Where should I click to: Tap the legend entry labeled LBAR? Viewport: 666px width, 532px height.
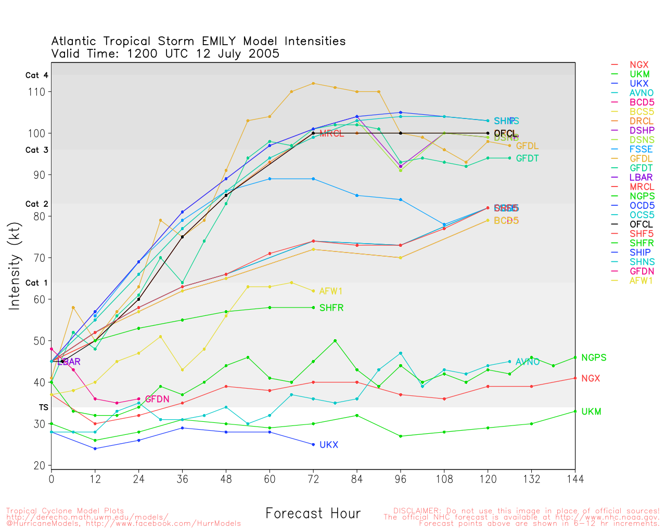coord(641,178)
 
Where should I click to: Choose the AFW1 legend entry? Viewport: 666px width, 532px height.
coord(641,281)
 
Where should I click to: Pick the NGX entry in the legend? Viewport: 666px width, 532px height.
coord(639,65)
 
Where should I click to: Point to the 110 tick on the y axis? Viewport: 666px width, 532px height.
coord(40,92)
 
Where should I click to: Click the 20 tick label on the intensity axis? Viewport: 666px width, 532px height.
coord(40,466)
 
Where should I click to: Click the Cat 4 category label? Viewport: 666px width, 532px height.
coord(37,75)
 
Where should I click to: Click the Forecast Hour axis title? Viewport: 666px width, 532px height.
coord(313,514)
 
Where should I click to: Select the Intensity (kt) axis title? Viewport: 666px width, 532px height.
coord(14,267)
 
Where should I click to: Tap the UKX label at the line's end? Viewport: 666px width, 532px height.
coord(329,445)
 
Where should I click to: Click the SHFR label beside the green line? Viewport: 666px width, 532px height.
coord(331,308)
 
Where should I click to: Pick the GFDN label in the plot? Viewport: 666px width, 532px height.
coord(157,400)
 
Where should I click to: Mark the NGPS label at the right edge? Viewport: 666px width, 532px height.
coord(594,358)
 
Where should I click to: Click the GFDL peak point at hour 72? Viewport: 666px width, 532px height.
coord(313,83)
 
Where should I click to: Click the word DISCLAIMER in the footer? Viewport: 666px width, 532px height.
coord(415,511)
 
